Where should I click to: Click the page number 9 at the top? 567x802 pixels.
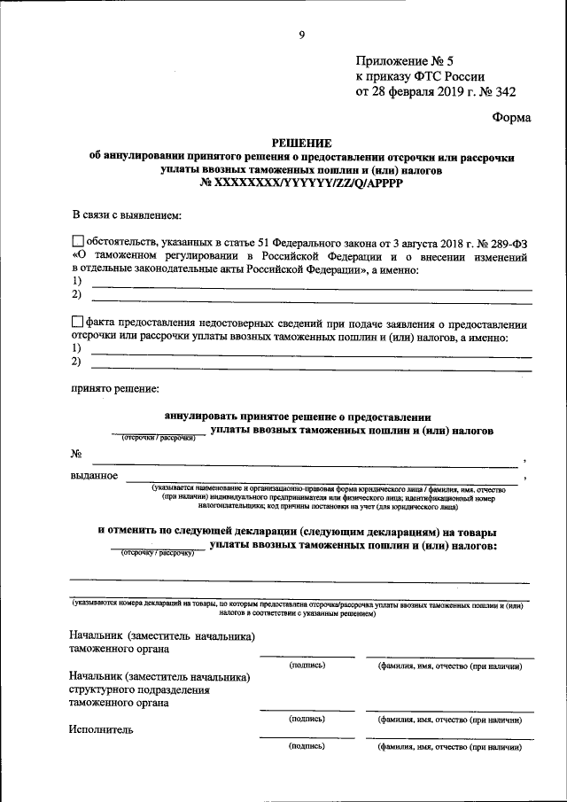coord(301,35)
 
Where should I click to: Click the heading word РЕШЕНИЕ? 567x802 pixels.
coord(301,143)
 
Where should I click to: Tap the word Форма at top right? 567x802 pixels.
coord(511,116)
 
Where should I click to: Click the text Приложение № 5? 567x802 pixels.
coord(404,61)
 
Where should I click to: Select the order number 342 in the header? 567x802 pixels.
coord(504,90)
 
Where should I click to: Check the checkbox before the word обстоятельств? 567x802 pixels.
coord(78,240)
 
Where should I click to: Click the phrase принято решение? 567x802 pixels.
coord(115,388)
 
